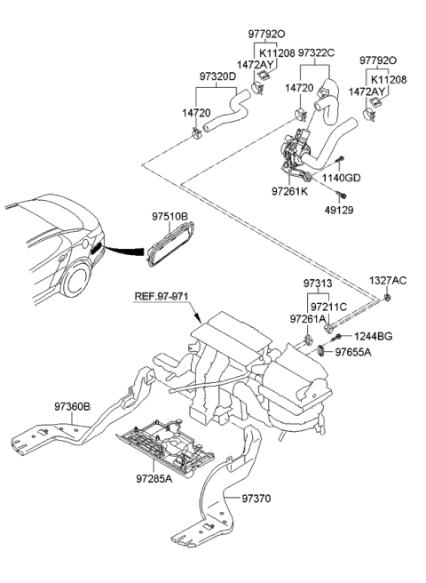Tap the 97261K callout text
point(289,190)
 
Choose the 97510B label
point(170,215)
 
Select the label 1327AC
point(388,281)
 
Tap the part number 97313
point(316,284)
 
